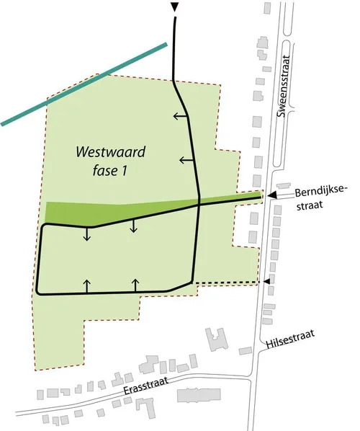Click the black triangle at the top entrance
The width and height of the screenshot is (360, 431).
174,7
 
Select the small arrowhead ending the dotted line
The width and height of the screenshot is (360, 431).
268,281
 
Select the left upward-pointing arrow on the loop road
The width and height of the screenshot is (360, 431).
87,285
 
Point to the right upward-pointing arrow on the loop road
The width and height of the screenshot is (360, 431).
135,284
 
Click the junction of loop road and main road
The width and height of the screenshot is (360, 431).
198,205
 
